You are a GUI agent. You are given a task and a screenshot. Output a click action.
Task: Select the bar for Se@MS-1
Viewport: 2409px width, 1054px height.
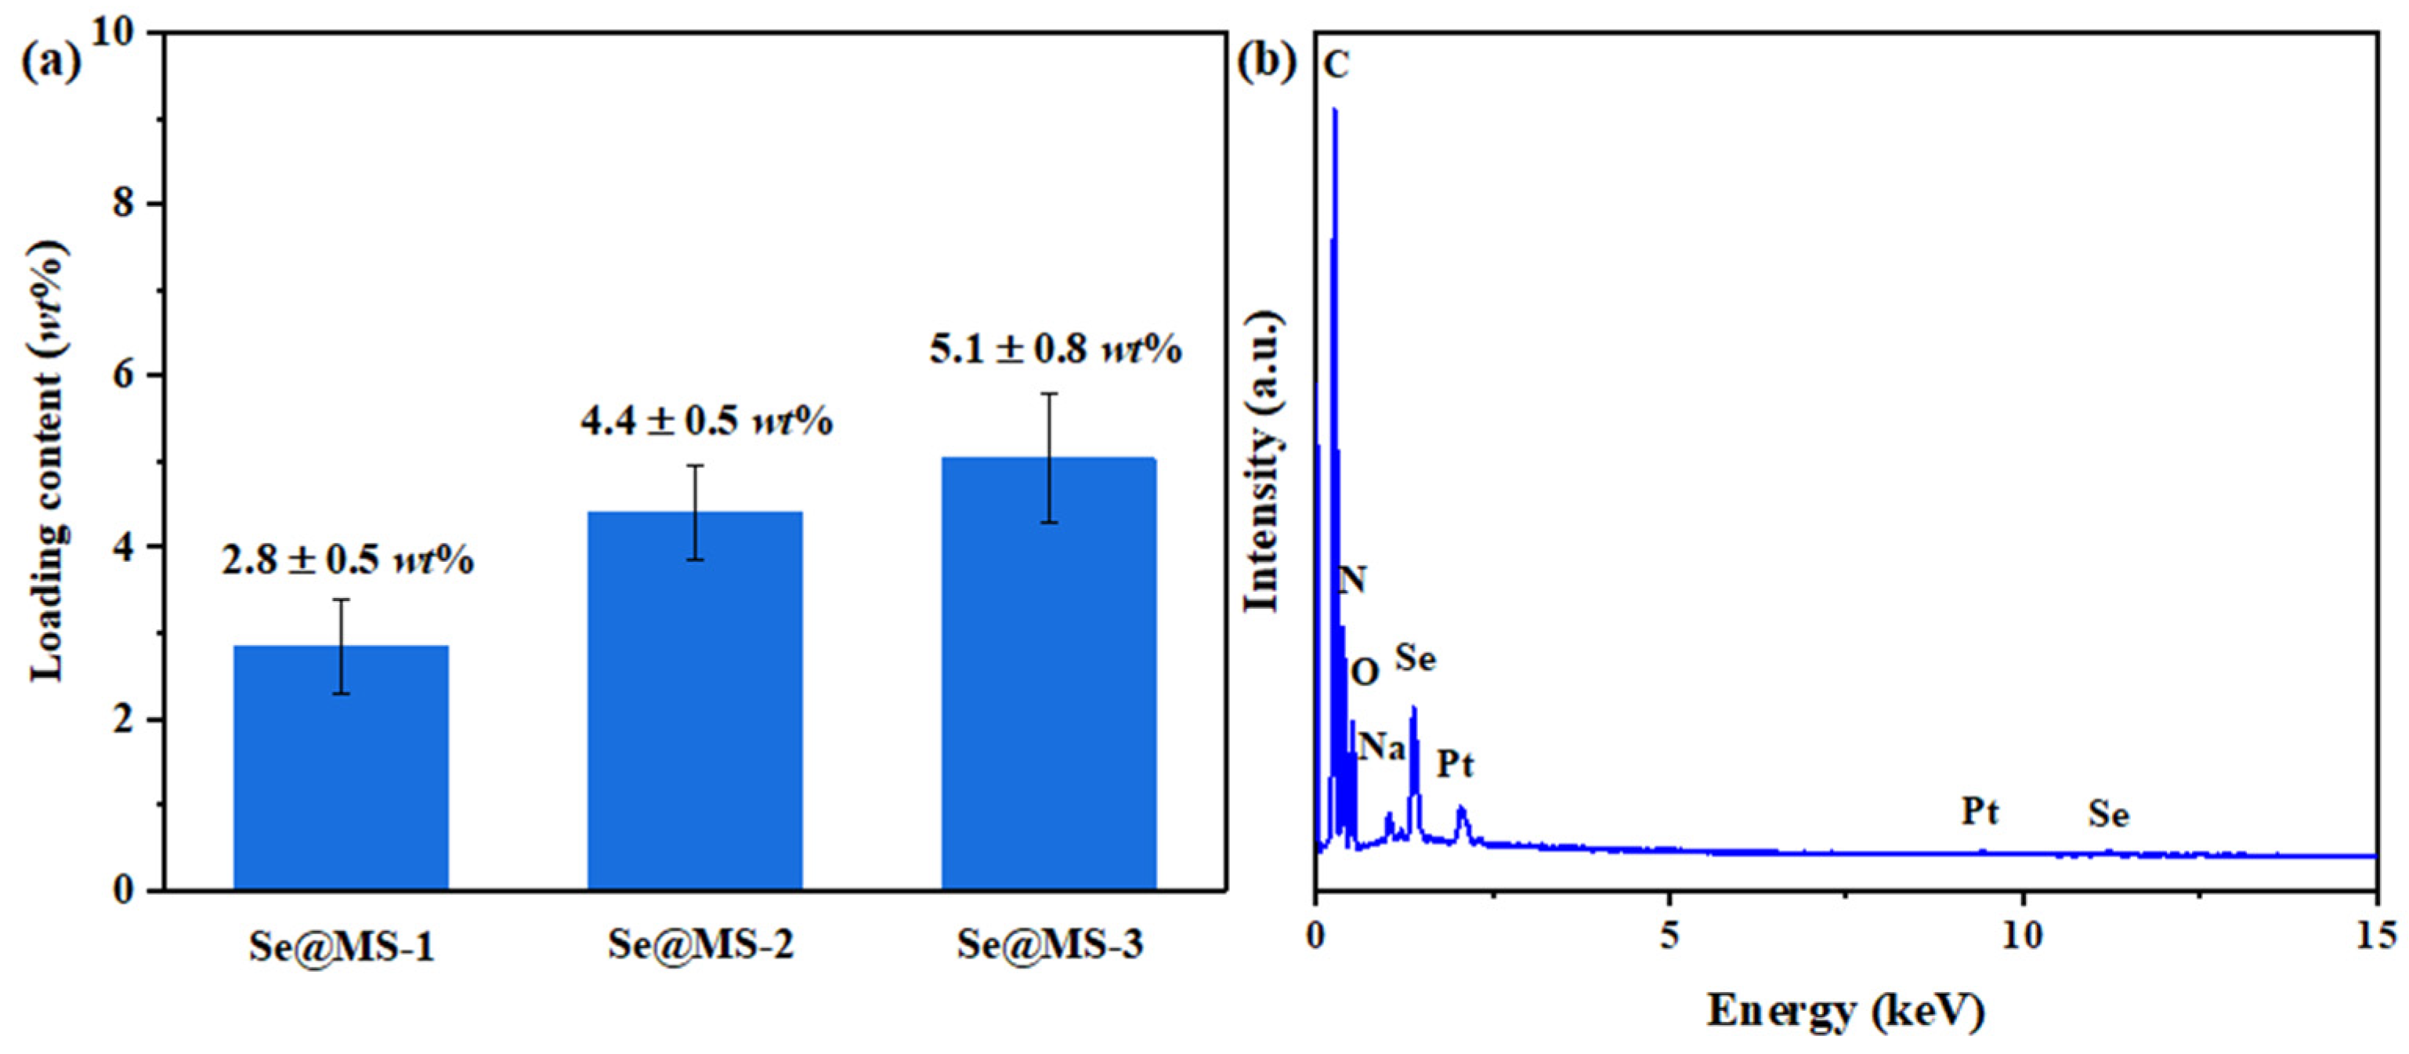tap(341, 767)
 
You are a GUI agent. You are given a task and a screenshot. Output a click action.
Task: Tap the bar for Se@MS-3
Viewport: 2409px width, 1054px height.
tap(1048, 673)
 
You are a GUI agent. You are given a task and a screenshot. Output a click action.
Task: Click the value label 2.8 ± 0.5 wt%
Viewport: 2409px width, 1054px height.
tap(347, 560)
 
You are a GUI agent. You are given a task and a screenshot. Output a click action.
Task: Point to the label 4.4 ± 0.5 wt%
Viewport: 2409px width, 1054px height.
tap(706, 421)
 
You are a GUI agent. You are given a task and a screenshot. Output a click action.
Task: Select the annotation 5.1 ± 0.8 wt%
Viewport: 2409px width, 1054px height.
tap(1055, 349)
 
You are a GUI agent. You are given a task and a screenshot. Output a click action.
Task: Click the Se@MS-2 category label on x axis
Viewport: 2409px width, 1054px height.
tap(700, 944)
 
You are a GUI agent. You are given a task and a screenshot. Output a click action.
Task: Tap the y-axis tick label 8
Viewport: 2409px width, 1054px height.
tap(124, 203)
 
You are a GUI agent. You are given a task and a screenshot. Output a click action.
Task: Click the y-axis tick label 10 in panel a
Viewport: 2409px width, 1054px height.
tap(112, 33)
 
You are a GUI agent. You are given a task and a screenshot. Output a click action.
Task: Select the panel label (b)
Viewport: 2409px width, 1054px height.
tap(1266, 63)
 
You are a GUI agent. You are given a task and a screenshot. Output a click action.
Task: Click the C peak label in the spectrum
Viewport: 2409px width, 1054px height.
tap(1337, 66)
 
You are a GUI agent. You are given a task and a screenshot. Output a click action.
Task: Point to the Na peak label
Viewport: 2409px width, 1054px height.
tap(1381, 746)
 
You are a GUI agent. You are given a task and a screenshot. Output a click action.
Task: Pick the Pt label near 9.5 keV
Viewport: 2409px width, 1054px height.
tap(1979, 811)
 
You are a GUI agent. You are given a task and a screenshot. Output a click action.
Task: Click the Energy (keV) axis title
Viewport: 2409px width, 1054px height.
tap(1845, 1011)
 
